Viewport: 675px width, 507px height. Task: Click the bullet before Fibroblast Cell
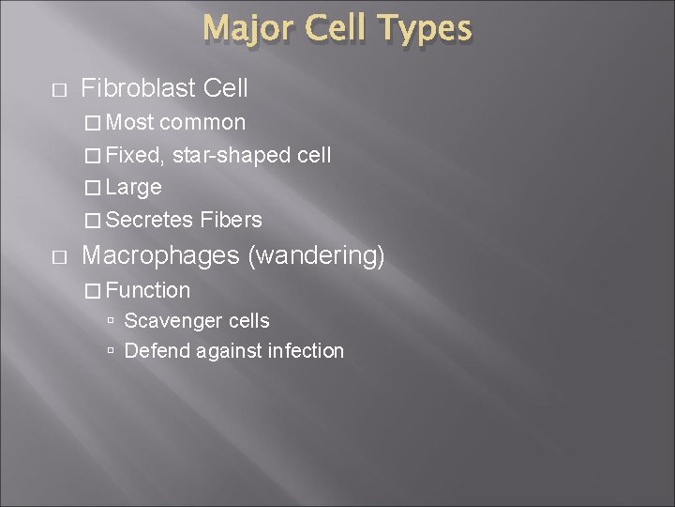pyautogui.click(x=61, y=90)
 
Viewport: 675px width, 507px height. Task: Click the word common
pyautogui.click(x=202, y=123)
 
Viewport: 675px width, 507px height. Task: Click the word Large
pyautogui.click(x=134, y=188)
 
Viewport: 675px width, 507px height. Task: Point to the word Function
pyautogui.click(x=148, y=290)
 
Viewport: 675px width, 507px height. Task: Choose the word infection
pyautogui.click(x=306, y=351)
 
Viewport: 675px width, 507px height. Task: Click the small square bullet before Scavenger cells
pyautogui.click(x=112, y=321)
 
